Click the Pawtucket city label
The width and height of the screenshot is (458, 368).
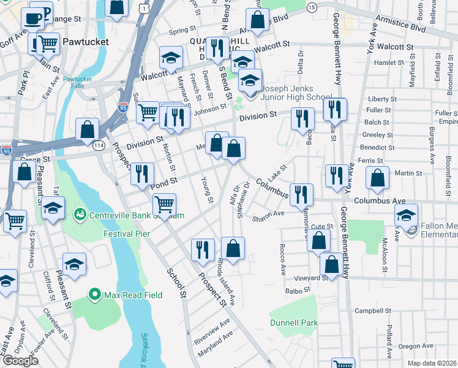click(x=85, y=42)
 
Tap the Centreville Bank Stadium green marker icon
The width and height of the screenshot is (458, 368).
click(x=80, y=215)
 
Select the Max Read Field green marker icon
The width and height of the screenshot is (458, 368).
click(x=95, y=295)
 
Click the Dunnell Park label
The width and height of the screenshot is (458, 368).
click(x=294, y=323)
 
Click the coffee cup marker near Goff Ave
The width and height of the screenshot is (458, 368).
click(x=31, y=18)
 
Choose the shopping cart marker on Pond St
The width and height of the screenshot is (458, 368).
click(x=164, y=204)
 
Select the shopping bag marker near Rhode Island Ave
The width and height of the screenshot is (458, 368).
click(x=233, y=248)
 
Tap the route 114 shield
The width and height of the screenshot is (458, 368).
click(x=99, y=145)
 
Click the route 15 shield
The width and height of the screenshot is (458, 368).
click(x=312, y=7)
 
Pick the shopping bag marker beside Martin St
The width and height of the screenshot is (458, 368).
click(x=377, y=178)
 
